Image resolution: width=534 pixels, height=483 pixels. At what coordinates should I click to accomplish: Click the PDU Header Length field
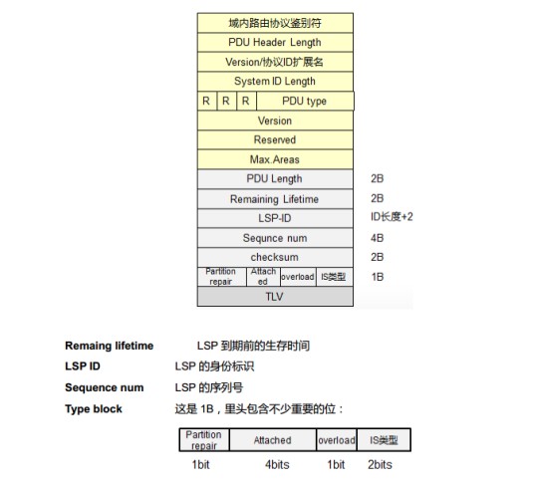[275, 43]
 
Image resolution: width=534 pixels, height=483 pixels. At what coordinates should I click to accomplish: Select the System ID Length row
[275, 82]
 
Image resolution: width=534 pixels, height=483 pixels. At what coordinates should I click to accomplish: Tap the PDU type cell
[305, 102]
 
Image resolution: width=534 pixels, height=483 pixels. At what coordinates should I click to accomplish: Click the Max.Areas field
[275, 159]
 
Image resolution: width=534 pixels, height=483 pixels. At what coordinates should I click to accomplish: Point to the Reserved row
[275, 139]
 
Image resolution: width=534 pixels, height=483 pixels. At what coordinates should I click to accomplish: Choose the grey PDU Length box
[275, 179]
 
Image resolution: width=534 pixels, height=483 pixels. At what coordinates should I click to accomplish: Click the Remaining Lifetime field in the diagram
[275, 199]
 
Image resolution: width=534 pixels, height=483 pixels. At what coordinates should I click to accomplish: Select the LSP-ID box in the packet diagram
[275, 218]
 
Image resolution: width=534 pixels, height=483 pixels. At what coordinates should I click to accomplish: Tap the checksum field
[275, 257]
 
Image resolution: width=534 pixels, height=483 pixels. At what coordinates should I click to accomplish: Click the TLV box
[275, 297]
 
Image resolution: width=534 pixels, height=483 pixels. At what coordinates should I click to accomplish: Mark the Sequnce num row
[275, 238]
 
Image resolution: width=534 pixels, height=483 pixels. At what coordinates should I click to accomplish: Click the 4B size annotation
[377, 238]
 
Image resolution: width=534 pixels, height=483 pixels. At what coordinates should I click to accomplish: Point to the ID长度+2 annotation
[392, 216]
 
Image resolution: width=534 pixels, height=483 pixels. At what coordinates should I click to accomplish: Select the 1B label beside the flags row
[378, 277]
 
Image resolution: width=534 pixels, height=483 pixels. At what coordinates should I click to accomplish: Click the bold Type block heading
[94, 408]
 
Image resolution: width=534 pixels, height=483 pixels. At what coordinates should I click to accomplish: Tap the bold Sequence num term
[105, 387]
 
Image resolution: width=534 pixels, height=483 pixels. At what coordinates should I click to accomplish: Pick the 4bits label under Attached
[277, 465]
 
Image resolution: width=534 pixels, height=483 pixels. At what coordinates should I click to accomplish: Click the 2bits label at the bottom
[380, 465]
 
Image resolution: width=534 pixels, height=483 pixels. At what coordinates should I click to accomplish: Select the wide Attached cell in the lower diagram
[273, 440]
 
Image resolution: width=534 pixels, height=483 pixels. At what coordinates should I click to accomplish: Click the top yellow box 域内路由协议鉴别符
[275, 23]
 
